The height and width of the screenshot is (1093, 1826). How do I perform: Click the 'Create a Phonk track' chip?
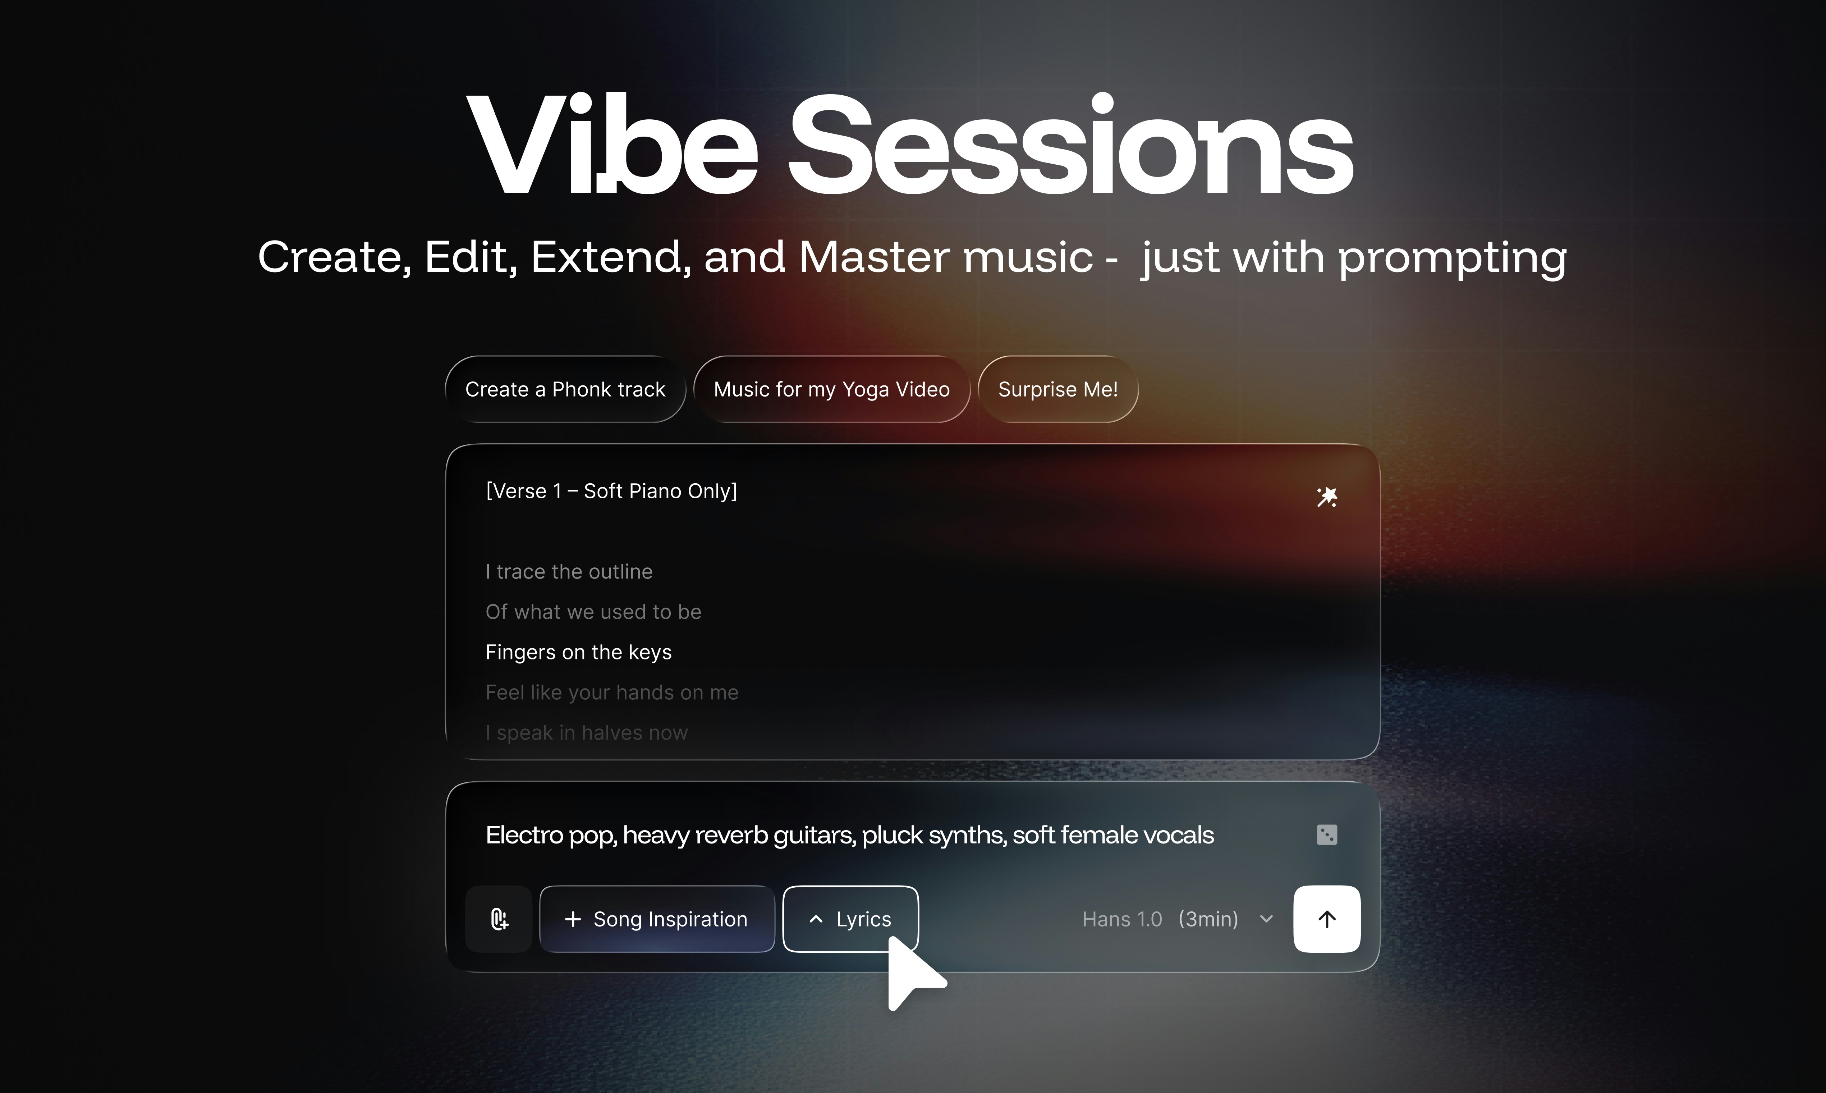tap(565, 389)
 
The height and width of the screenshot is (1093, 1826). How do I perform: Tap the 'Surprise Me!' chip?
tap(1058, 389)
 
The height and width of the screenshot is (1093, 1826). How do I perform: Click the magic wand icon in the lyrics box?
tap(1327, 497)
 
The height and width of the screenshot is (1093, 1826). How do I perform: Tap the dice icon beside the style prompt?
tap(1327, 834)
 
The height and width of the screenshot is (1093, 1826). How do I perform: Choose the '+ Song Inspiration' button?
tap(657, 919)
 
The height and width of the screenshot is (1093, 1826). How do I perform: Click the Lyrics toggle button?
tap(850, 919)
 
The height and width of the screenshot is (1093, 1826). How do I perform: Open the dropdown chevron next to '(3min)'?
tap(1266, 919)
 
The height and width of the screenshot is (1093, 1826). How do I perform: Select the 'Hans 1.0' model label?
tap(1122, 919)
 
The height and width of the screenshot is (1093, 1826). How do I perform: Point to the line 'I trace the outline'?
tap(569, 572)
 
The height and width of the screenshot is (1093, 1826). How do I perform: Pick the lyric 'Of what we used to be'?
tap(593, 612)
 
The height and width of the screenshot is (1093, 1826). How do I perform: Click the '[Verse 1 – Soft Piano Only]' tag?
tap(611, 491)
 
